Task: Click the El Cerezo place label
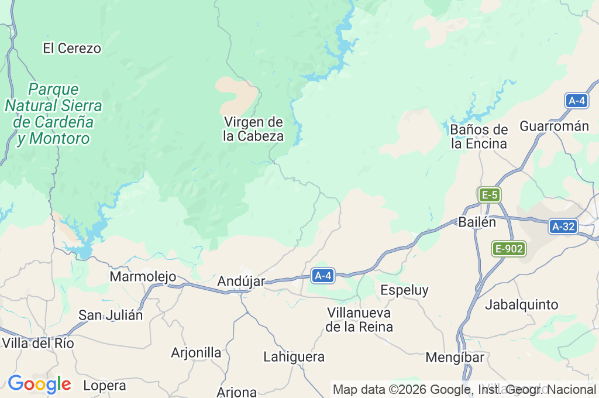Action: [x=72, y=49]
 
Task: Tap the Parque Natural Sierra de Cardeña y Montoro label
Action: [x=53, y=114]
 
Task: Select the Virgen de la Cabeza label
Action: [x=253, y=129]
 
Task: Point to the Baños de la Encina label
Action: [x=479, y=136]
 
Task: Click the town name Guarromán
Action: [x=554, y=126]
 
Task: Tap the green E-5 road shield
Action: [x=489, y=195]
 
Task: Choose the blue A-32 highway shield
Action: [x=563, y=227]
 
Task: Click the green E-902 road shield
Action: [x=508, y=249]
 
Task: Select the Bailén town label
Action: [x=477, y=222]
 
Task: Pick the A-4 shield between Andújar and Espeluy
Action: [x=323, y=275]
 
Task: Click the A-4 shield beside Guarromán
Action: [x=577, y=101]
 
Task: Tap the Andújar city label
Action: [x=241, y=282]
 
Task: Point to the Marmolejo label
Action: [x=143, y=276]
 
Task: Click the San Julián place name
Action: [x=111, y=315]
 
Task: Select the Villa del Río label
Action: [x=38, y=344]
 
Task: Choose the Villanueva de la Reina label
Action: [x=359, y=320]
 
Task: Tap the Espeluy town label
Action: [x=404, y=290]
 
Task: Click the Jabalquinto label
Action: [x=522, y=305]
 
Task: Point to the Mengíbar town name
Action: [x=455, y=357]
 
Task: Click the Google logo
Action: [x=39, y=385]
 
